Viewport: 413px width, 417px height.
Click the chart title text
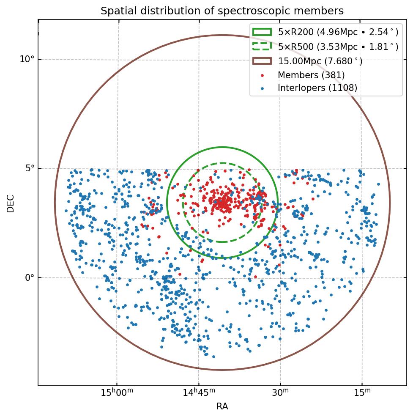tap(222, 11)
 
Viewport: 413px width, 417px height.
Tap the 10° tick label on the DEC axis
tap(27, 59)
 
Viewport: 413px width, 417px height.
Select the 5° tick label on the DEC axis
tap(29, 168)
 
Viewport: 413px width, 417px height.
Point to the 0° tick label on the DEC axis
tap(29, 278)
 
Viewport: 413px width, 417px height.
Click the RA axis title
tap(222, 407)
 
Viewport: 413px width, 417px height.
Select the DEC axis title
tap(11, 203)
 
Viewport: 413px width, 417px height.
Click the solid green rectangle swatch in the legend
tap(262, 32)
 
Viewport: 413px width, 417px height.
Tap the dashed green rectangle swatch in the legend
tap(262, 47)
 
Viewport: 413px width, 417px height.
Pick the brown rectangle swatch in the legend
tap(262, 61)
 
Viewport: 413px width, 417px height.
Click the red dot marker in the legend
tap(262, 75)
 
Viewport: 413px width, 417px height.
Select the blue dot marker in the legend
tap(262, 88)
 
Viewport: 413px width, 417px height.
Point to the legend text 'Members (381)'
tap(311, 75)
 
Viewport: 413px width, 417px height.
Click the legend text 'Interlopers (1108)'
tap(317, 88)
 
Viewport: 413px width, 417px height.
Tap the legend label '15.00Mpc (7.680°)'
tap(320, 61)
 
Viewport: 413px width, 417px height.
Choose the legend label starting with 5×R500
tap(338, 47)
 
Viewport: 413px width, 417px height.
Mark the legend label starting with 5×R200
tap(338, 32)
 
